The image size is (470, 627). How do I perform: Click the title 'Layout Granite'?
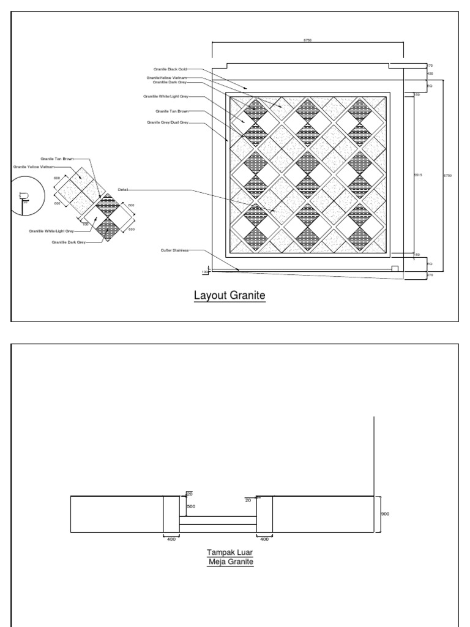(x=229, y=295)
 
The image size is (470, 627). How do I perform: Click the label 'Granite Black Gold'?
(x=174, y=69)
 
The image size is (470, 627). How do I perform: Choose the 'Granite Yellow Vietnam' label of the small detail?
(x=34, y=167)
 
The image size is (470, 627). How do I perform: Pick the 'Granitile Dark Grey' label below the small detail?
(x=69, y=242)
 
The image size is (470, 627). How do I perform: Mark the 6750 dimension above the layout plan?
(x=307, y=40)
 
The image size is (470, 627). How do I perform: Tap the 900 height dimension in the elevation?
(x=384, y=514)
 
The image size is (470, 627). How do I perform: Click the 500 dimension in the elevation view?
(x=191, y=507)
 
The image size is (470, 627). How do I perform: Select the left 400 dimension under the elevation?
(x=171, y=539)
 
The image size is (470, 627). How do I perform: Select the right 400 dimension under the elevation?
(x=264, y=539)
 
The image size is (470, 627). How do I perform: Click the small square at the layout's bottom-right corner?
(x=395, y=269)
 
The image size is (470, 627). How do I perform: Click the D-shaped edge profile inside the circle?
(x=24, y=197)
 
